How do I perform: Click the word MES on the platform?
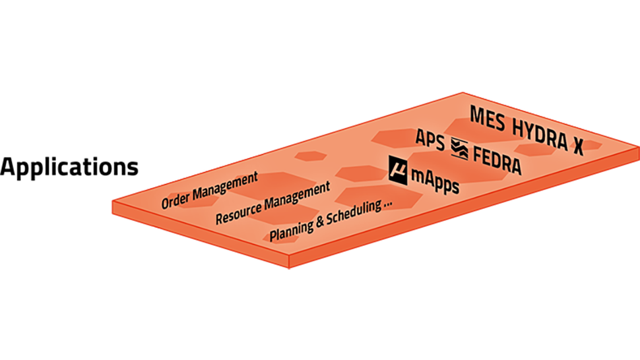489,116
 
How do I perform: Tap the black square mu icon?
398,169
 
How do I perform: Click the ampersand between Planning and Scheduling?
320,218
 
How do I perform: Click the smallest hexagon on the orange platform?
307,157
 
